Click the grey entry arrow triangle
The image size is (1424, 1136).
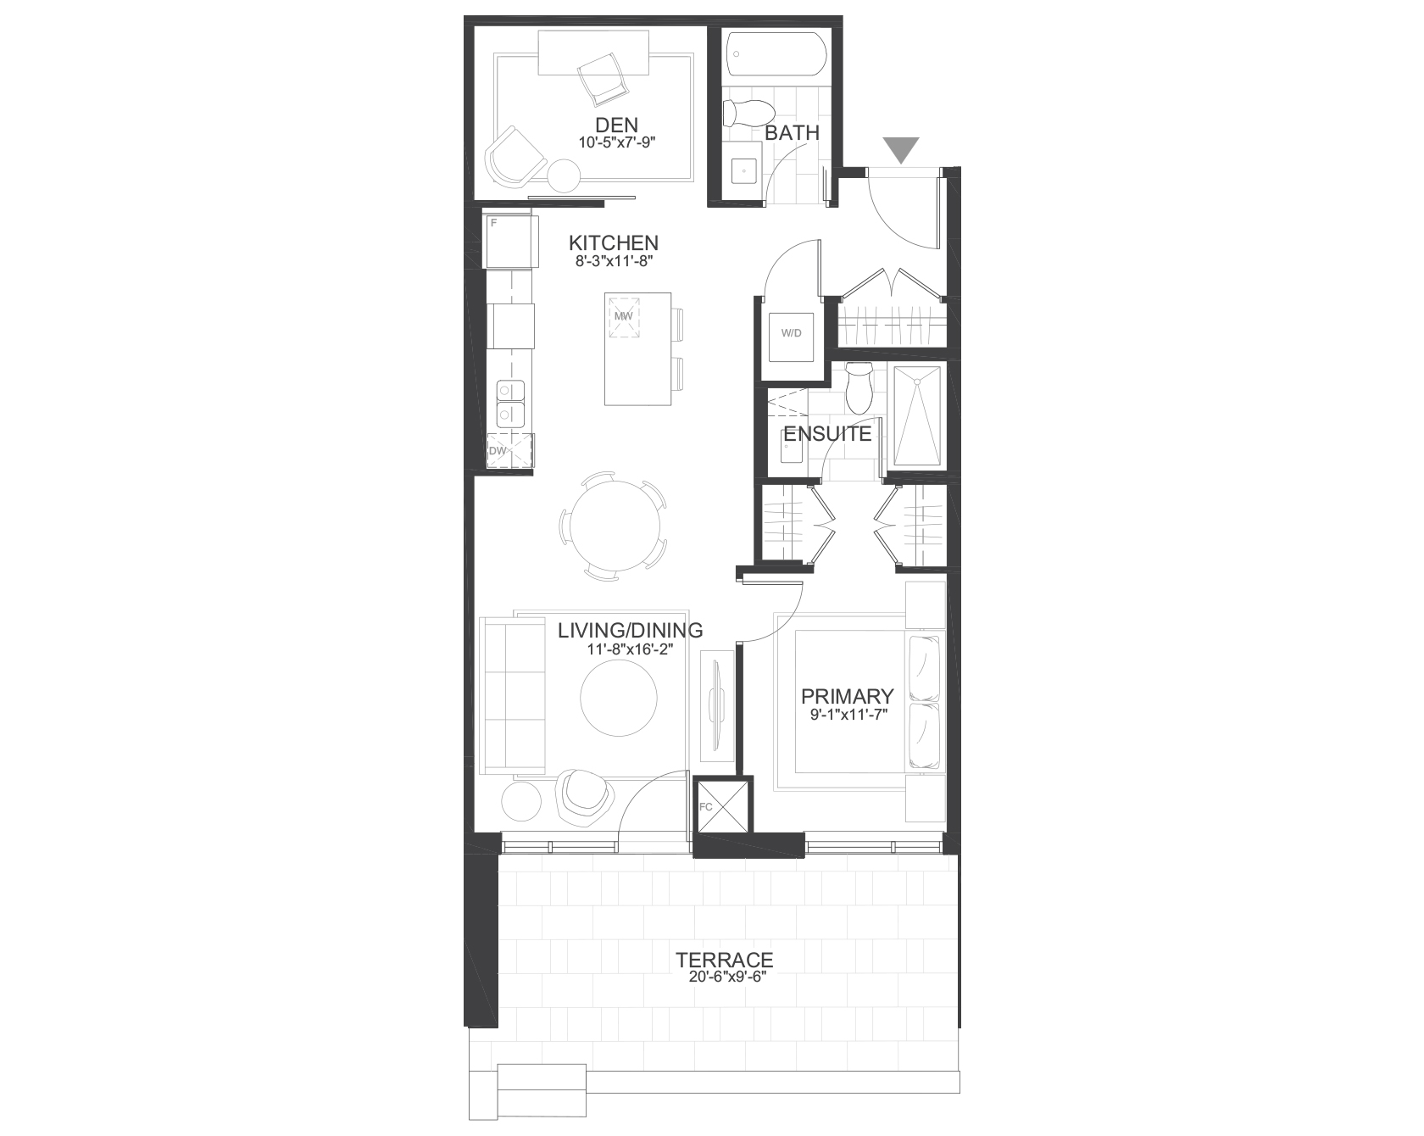point(901,149)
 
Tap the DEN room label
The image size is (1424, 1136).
point(616,125)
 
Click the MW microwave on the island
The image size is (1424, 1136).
point(624,316)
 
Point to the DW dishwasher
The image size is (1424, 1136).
point(509,451)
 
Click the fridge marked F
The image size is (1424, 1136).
point(510,242)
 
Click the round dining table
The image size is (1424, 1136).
point(615,526)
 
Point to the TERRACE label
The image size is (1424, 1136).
point(725,960)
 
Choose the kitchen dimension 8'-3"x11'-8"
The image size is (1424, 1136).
point(614,261)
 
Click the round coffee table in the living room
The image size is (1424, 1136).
point(618,698)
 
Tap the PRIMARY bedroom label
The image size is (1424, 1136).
point(848,696)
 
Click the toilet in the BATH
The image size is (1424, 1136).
point(748,111)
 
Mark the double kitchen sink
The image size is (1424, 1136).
point(509,403)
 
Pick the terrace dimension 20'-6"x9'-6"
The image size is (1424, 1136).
point(725,977)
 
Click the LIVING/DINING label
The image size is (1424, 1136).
point(631,630)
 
